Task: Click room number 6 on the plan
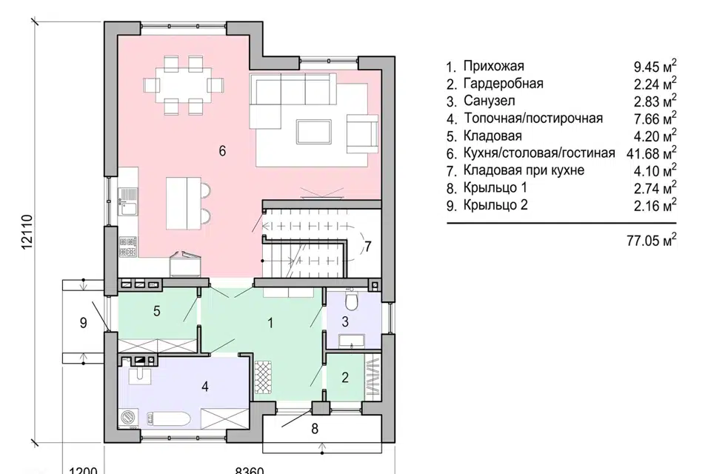coord(222,150)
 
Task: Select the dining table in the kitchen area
coord(184,85)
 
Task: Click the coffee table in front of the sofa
coord(314,131)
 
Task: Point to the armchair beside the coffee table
coord(362,133)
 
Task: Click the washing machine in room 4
coord(130,418)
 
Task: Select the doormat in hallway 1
coord(264,377)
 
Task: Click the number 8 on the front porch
coord(316,428)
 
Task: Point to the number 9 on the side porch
coord(84,322)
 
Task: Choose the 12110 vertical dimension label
coord(27,231)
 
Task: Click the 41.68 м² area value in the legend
coord(652,153)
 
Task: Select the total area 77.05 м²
coord(652,240)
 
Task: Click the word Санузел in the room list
coord(490,100)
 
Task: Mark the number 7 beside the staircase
coord(368,247)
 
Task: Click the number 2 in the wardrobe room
coord(345,378)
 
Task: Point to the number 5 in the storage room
coord(157,311)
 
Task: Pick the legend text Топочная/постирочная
coord(533,118)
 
